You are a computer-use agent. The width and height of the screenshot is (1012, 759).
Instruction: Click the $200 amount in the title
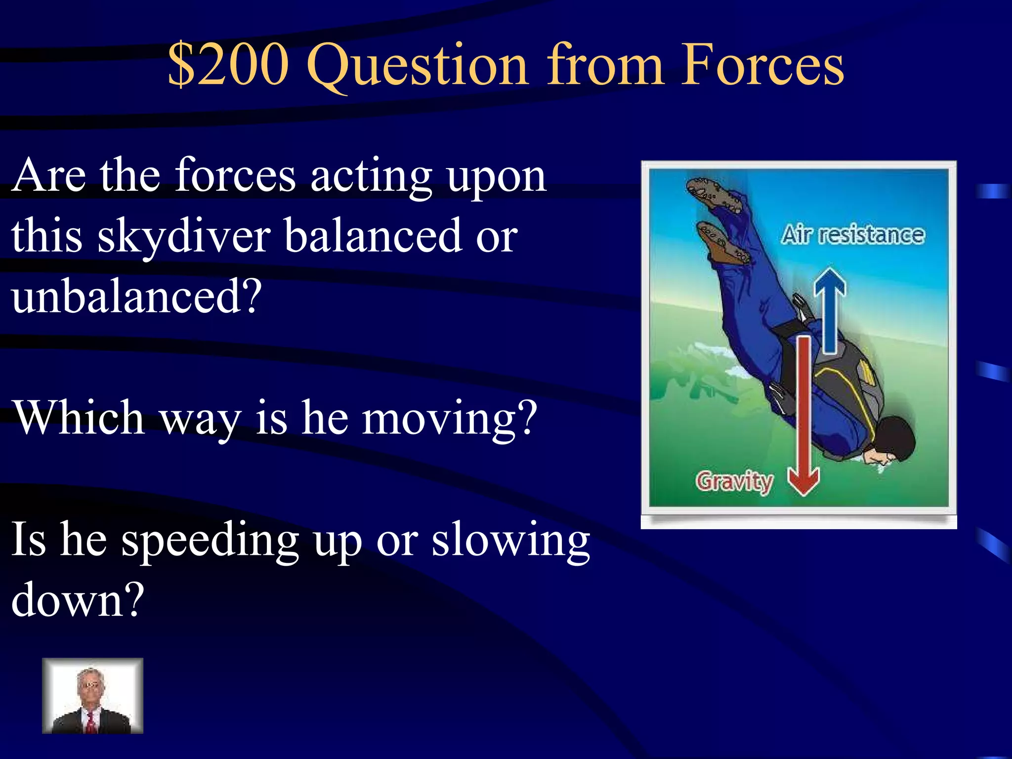pyautogui.click(x=228, y=64)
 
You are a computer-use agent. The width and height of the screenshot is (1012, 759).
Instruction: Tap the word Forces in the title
pyautogui.click(x=762, y=64)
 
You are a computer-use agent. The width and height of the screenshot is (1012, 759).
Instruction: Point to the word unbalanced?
pyautogui.click(x=136, y=296)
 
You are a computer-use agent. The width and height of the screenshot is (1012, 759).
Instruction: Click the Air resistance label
pyautogui.click(x=852, y=235)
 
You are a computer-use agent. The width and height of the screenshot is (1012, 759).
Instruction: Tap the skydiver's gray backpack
pyautogui.click(x=840, y=376)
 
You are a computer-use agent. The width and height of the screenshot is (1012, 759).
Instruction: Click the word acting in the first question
pyautogui.click(x=371, y=176)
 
